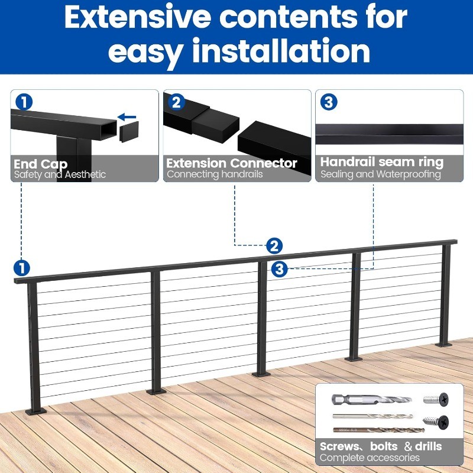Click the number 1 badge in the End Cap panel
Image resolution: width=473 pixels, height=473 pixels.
24,102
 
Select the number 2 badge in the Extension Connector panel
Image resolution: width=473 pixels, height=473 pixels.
176,102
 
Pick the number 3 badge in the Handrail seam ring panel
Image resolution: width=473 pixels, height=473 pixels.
328,102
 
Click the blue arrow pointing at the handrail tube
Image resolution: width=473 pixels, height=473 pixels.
127,117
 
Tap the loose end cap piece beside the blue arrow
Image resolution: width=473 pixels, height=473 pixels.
128,133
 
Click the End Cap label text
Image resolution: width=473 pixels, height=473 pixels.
41,164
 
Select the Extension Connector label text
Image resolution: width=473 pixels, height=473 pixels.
232,163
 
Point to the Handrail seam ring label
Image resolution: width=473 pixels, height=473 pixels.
381,162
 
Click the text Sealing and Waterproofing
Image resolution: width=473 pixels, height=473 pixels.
381,174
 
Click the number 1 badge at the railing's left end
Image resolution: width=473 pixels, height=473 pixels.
22,267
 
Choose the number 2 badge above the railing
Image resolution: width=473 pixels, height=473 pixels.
274,245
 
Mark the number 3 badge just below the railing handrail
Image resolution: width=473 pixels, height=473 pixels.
280,269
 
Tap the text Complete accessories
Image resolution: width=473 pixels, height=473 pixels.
370,458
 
